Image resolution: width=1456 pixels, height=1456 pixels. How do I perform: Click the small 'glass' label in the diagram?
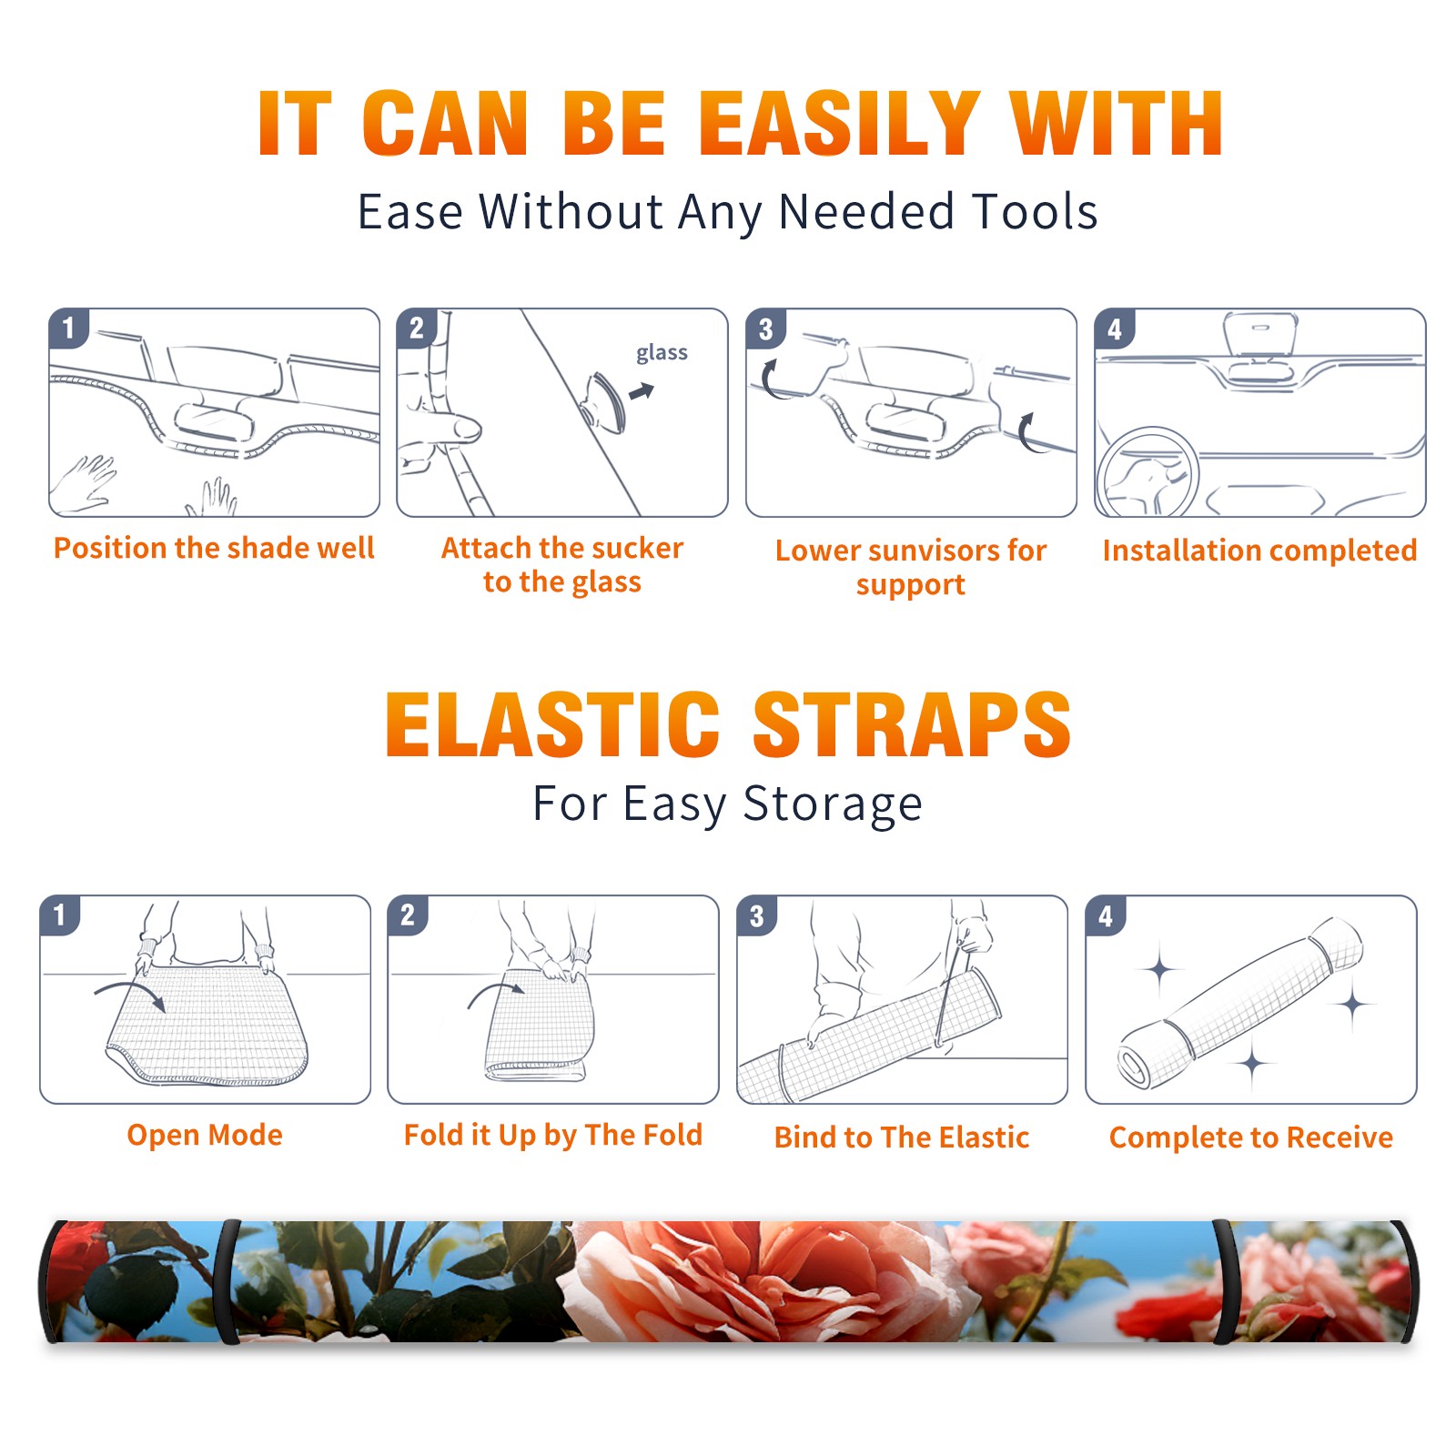click(x=662, y=353)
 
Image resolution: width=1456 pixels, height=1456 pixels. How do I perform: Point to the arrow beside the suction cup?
click(x=642, y=391)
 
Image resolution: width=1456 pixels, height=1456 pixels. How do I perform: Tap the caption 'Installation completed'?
click(x=1259, y=551)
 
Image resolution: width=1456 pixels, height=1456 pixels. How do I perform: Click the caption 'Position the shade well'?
click(x=214, y=548)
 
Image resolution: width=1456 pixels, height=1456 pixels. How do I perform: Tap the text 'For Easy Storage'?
click(x=728, y=804)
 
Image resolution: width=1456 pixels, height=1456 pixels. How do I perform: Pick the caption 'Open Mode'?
click(x=205, y=1135)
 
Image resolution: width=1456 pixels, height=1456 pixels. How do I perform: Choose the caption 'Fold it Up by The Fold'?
click(x=553, y=1136)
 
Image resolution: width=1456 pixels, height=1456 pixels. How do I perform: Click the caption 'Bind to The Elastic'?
click(x=902, y=1137)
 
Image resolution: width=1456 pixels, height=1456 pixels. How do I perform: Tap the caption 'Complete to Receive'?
click(x=1251, y=1137)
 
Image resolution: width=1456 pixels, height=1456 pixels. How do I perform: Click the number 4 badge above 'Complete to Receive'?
click(x=1106, y=916)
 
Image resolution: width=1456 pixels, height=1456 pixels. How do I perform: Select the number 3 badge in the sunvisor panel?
click(x=765, y=329)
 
